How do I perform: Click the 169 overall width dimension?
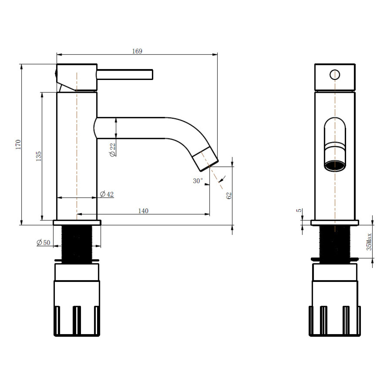coord(137,51)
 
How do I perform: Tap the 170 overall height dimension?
coord(18,144)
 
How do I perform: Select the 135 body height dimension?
coord(38,156)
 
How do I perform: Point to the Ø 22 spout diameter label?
coord(113,150)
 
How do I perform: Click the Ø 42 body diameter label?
coord(107,194)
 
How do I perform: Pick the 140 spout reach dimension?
coord(143,211)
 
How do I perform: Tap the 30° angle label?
coord(198,181)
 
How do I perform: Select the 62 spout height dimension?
coord(229,196)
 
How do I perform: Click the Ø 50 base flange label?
coord(44,243)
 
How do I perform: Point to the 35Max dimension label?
coord(369,242)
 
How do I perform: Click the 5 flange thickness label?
coord(299,210)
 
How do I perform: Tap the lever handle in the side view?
coord(125,74)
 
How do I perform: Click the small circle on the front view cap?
coord(334,75)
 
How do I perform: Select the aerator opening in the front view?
coord(335,166)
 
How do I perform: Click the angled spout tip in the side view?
coord(205,159)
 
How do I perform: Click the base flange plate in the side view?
coord(77,223)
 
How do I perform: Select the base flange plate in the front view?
coord(335,223)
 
